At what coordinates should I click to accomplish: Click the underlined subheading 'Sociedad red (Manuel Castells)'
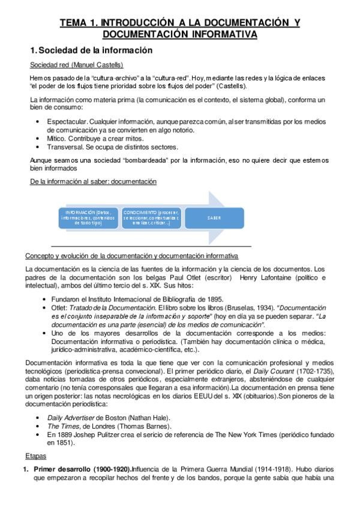(x=77, y=65)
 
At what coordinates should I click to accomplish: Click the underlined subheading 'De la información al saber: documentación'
(x=93, y=181)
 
